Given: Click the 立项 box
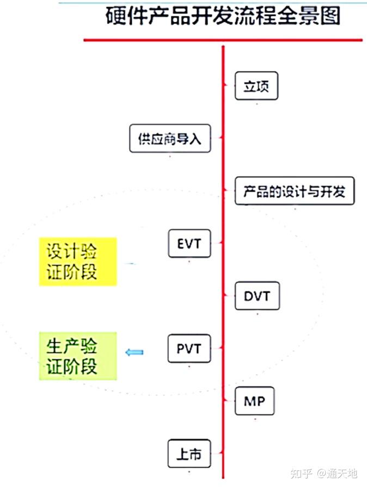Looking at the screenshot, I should (x=256, y=86).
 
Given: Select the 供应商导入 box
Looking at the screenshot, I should (x=170, y=139).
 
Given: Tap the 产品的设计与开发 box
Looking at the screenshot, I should (x=295, y=191).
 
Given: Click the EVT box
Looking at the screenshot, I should (x=189, y=244).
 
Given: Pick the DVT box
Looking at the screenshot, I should (x=256, y=296).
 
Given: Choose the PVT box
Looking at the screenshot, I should (x=189, y=348).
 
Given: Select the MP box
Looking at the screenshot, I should (x=254, y=401).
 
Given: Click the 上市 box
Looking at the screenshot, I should (x=189, y=454).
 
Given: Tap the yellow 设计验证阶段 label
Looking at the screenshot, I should (x=78, y=262).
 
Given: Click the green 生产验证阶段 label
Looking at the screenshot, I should (x=78, y=356).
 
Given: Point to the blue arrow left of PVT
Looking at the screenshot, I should (x=134, y=352).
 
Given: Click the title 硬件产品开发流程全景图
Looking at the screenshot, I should (x=223, y=16).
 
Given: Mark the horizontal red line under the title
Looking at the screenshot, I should (x=223, y=40).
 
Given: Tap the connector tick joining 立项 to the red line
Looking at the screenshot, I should (x=229, y=85).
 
